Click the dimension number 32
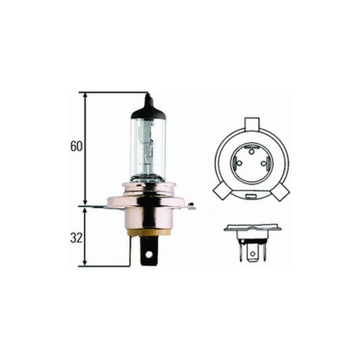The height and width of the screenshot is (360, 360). pos(76,238)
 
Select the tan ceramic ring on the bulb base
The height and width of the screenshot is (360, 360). pos(148,232)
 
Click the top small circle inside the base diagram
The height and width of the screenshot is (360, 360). pos(251,148)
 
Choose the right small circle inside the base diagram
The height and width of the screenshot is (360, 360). pos(265,164)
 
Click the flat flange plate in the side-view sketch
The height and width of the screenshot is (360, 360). pos(252,228)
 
